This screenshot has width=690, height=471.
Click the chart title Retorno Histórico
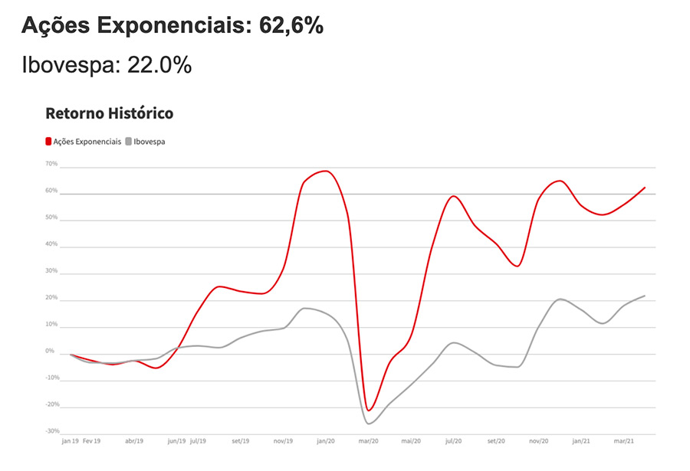pos(110,113)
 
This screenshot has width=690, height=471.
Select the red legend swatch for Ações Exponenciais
pos(48,142)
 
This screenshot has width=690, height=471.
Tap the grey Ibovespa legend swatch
pos(128,142)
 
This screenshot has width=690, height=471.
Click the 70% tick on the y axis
pos(51,164)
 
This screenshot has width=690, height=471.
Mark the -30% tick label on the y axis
pos(51,432)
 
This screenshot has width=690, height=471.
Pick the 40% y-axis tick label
pos(51,244)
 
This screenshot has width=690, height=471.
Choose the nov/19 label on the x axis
pos(283,442)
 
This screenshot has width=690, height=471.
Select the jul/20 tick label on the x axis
pos(454,442)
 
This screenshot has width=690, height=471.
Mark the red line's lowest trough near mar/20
pos(369,410)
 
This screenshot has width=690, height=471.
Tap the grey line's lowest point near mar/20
pos(370,424)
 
